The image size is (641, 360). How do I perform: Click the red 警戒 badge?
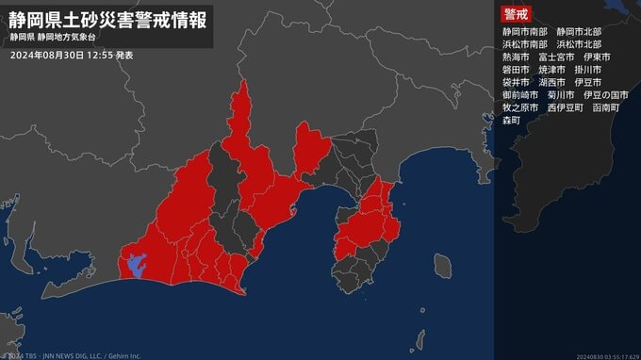pyautogui.click(x=517, y=13)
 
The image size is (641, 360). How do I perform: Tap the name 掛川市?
pyautogui.click(x=592, y=70)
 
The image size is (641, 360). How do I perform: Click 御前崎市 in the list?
pyautogui.click(x=520, y=95)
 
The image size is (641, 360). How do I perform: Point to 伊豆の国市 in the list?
pyautogui.click(x=606, y=95)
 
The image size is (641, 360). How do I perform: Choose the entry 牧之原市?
pyautogui.click(x=520, y=108)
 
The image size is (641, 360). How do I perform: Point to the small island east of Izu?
pyautogui.click(x=442, y=264)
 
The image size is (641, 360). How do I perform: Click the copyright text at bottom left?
pyautogui.click(x=71, y=355)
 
